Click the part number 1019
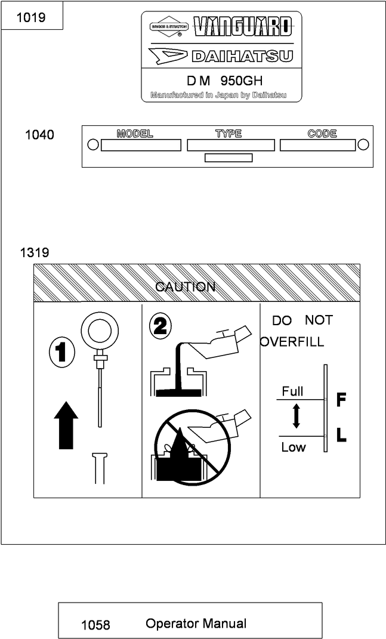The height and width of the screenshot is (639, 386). (x=30, y=17)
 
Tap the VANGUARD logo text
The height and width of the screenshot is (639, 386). (x=243, y=26)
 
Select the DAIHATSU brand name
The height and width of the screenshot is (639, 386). (x=242, y=57)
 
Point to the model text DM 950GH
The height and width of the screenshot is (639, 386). (x=224, y=81)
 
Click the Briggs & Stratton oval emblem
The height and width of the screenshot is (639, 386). (x=169, y=27)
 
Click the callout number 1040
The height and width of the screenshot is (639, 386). (x=39, y=135)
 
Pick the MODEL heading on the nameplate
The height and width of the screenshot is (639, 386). (x=135, y=134)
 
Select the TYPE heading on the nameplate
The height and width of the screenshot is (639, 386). (x=228, y=134)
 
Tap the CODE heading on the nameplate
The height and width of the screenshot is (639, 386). (x=322, y=134)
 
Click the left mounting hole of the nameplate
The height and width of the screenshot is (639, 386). (x=92, y=145)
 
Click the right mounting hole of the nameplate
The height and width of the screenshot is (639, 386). (x=363, y=145)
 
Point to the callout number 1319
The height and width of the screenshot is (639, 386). (x=35, y=252)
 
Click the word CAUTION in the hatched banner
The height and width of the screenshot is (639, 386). (x=185, y=287)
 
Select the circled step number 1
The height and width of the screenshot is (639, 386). (x=61, y=353)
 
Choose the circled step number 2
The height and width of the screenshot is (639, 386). (x=161, y=326)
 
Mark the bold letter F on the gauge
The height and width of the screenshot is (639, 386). (x=341, y=399)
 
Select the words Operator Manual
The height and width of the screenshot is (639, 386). (x=196, y=623)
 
